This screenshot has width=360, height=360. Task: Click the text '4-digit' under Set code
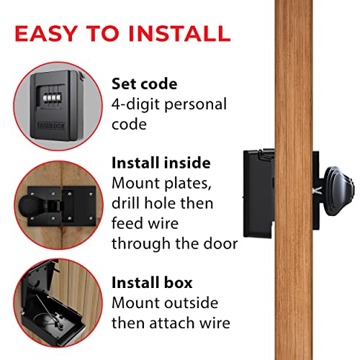coord(136,104)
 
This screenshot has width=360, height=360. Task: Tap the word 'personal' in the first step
coord(196,104)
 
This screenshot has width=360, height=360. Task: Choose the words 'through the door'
coord(174,243)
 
